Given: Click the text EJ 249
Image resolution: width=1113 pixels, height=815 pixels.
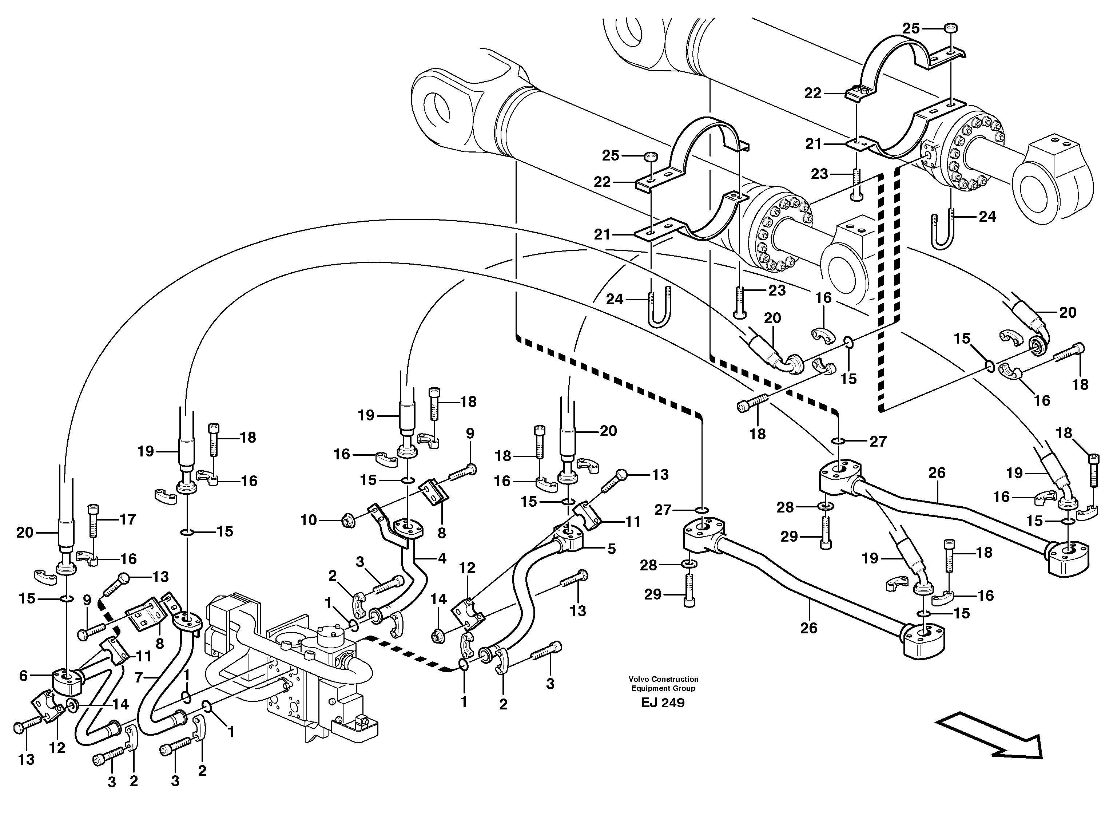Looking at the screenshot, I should click(x=663, y=703).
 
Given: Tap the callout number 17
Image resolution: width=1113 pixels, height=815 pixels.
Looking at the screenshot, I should click(x=127, y=519).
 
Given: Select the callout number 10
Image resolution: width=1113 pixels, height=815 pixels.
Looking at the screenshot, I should click(x=309, y=520).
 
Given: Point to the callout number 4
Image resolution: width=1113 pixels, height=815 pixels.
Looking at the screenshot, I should click(x=441, y=558).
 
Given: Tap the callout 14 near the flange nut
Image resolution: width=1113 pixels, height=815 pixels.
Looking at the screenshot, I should click(x=438, y=600).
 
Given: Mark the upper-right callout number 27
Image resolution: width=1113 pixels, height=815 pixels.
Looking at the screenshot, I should click(x=878, y=441).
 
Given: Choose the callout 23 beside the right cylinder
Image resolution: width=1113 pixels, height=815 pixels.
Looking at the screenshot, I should click(x=820, y=174).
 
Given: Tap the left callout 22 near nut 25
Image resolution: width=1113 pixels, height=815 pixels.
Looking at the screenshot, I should click(x=602, y=182).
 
